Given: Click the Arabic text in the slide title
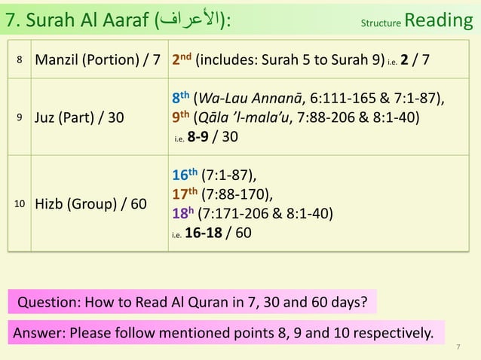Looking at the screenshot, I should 187,20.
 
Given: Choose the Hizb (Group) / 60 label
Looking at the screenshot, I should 89,203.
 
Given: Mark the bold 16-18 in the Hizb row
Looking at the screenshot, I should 207,233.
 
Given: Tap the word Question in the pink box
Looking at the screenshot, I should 46,304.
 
